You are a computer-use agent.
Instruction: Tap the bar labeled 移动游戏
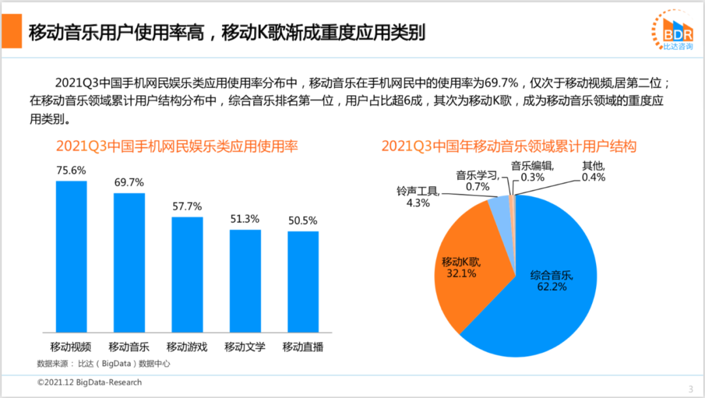(187, 274)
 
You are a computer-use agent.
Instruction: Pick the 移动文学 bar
(245, 281)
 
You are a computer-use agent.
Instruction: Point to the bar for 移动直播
(303, 281)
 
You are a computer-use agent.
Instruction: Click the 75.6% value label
(71, 170)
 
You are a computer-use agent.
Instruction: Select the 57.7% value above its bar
(187, 206)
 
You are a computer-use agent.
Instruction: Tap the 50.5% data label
(304, 221)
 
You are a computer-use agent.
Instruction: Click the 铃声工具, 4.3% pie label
(418, 197)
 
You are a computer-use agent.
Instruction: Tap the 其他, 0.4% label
(593, 172)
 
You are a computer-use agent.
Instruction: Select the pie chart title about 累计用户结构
(509, 146)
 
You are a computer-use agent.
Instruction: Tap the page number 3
(690, 388)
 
